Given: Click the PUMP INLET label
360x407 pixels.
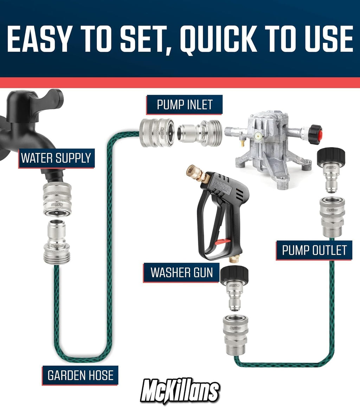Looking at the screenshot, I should tap(185, 105).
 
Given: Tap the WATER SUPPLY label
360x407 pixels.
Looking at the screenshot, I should tap(56, 158).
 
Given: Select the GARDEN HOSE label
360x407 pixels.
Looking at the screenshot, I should tap(80, 375).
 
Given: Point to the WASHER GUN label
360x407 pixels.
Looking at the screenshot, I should tap(181, 273).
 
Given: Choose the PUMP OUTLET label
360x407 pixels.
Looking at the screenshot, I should tap(314, 250).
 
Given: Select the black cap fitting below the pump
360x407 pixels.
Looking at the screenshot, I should tap(331, 157).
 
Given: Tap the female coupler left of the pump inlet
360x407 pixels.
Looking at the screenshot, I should tap(156, 132).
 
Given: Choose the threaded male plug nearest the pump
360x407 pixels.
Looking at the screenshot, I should tap(200, 133).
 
